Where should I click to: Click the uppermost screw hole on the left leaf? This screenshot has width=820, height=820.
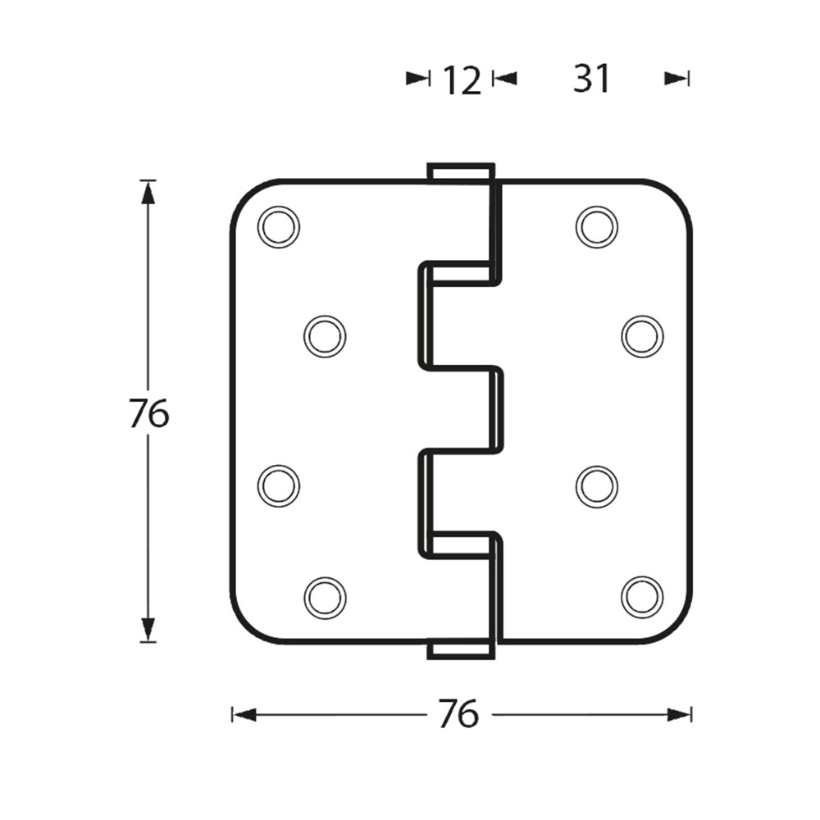(279, 227)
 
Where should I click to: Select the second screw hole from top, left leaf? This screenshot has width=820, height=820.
(325, 336)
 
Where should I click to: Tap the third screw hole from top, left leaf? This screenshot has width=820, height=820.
(279, 485)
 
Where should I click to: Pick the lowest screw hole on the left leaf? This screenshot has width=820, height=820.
(325, 597)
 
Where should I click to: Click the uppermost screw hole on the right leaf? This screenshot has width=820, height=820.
(597, 227)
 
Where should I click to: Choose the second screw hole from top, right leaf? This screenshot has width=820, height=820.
(643, 336)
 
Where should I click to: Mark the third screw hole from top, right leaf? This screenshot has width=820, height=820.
(597, 485)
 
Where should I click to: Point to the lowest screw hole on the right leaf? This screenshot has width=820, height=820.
(643, 597)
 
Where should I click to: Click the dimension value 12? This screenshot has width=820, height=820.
(462, 81)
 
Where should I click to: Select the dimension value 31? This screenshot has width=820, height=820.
(591, 80)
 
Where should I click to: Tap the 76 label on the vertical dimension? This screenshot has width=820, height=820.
(149, 412)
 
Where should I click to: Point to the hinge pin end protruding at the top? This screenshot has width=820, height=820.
(461, 172)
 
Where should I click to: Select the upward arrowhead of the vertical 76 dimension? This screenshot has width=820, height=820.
(148, 193)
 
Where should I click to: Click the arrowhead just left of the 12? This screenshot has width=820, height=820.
(417, 79)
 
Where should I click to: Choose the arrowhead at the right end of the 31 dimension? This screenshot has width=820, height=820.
(676, 79)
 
